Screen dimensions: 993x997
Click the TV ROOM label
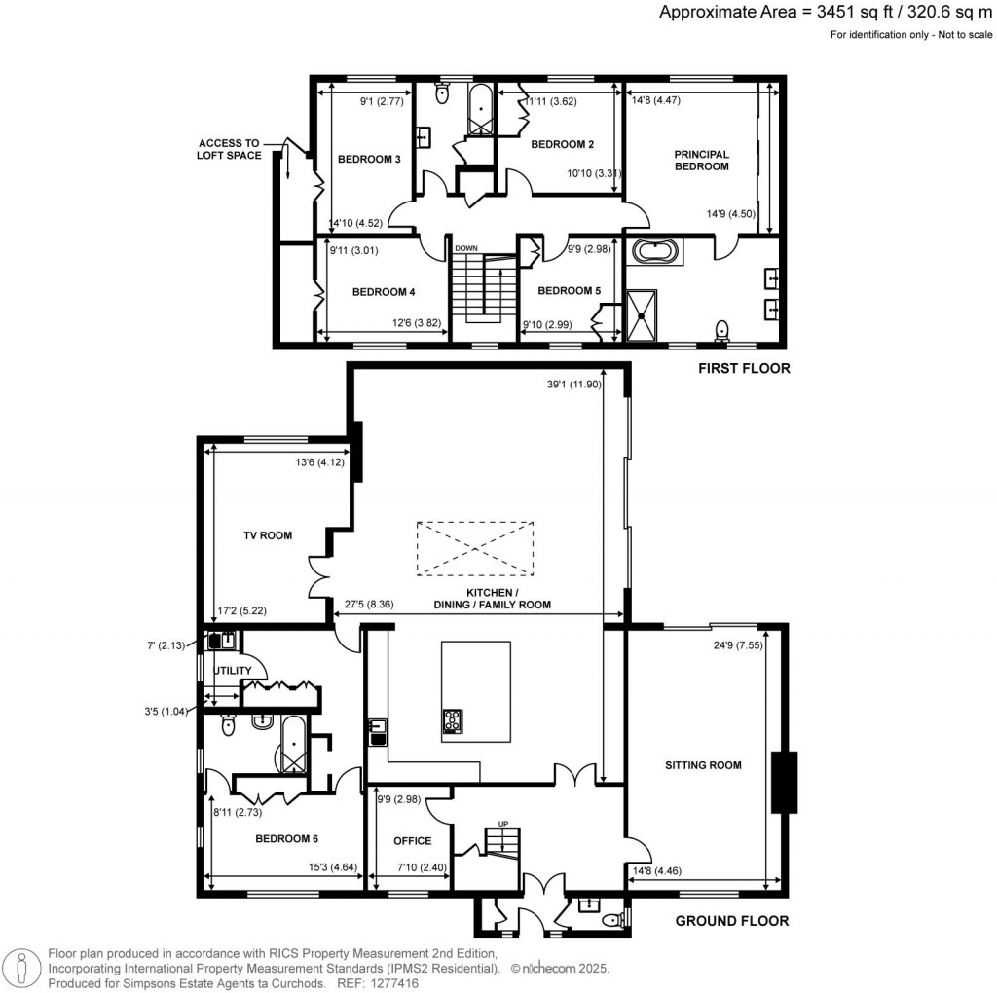[x=268, y=535]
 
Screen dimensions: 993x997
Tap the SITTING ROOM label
[x=703, y=765]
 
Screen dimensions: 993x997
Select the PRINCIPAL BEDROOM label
[x=701, y=161]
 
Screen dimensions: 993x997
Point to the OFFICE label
[x=412, y=840]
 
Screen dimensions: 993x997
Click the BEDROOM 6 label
[x=286, y=838]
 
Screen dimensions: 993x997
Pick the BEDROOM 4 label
[x=384, y=291]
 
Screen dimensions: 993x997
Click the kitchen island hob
[x=453, y=721]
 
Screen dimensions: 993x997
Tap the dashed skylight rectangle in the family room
[x=475, y=548]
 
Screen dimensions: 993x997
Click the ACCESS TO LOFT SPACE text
[x=231, y=149]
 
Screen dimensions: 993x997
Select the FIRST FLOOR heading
[x=743, y=369]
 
